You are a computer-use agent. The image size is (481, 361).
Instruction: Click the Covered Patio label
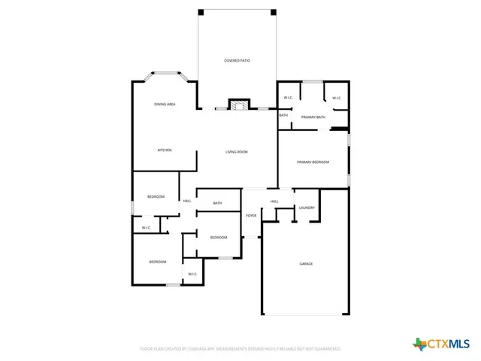(x=237, y=60)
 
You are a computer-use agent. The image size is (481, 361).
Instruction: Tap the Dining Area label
(x=165, y=104)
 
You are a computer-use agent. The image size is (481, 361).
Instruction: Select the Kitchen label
(x=165, y=150)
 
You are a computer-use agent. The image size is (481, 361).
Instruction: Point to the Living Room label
(x=237, y=152)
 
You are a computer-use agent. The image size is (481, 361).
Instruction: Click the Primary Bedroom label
(x=313, y=162)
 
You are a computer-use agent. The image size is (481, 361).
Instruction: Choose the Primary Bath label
(x=313, y=117)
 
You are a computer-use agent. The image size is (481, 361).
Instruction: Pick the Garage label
(x=306, y=264)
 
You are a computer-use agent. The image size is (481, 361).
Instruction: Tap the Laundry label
(x=306, y=208)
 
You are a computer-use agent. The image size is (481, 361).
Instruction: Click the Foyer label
(x=251, y=216)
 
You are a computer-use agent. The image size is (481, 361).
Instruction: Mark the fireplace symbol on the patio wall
(x=239, y=105)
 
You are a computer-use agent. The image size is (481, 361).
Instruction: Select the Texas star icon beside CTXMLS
(x=419, y=344)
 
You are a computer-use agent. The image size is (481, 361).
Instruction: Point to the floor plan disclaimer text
(x=240, y=349)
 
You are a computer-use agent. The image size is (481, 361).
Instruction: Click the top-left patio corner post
(x=201, y=12)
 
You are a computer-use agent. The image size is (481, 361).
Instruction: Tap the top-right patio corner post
(x=274, y=12)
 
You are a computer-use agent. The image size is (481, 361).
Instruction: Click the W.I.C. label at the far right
(x=337, y=98)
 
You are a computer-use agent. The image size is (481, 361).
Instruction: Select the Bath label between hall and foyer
(x=217, y=203)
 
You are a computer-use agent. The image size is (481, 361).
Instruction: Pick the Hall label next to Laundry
(x=274, y=202)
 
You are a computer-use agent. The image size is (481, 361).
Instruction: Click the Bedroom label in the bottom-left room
(x=157, y=262)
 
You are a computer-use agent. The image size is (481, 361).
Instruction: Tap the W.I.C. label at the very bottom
(x=192, y=274)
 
